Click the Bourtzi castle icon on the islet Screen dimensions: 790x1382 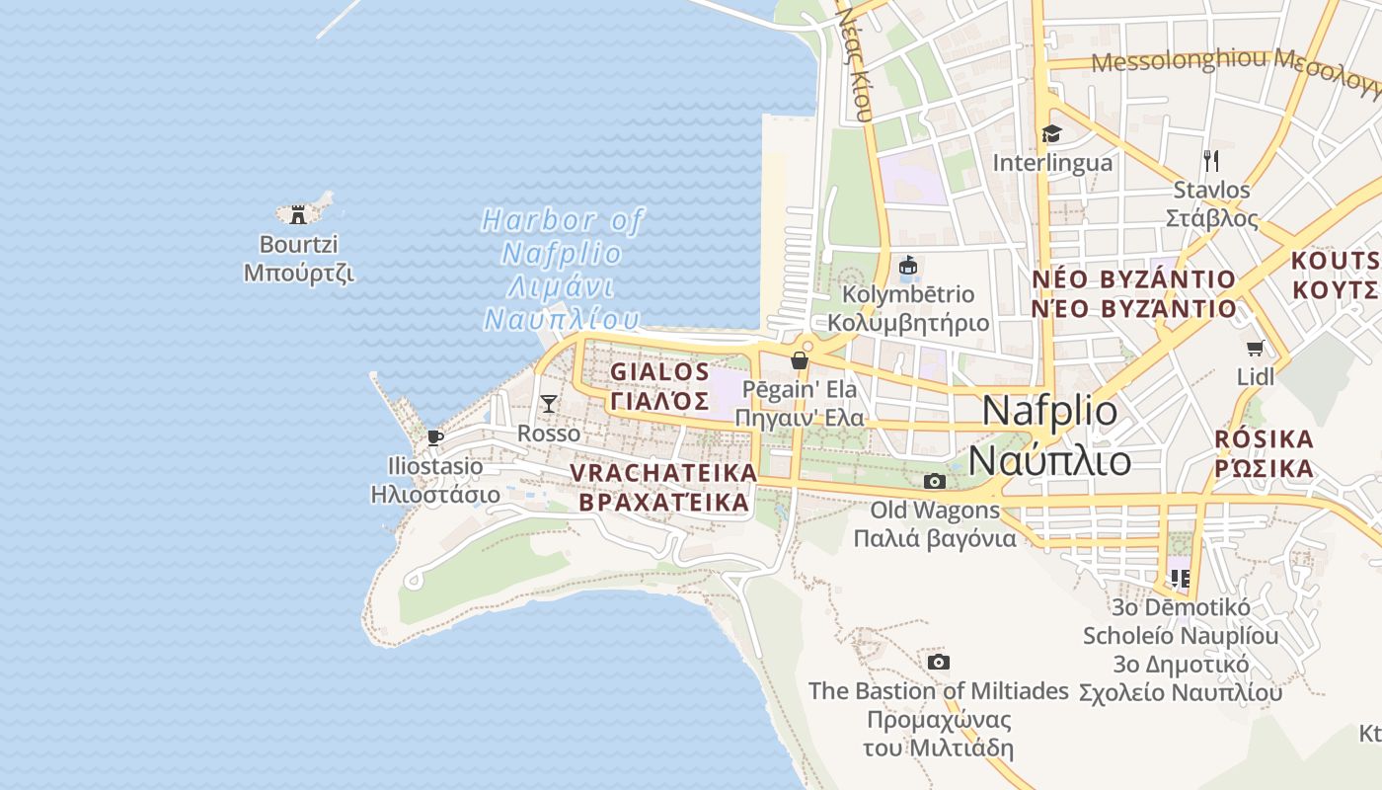(x=296, y=214)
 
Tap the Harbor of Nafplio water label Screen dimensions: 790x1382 (x=562, y=269)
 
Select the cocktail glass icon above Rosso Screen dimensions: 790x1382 (x=549, y=404)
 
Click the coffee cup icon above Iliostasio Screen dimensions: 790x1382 (x=434, y=437)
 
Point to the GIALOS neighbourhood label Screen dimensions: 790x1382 (x=660, y=386)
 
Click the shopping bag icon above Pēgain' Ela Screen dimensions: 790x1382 (x=800, y=360)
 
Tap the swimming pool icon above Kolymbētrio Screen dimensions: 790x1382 (x=908, y=267)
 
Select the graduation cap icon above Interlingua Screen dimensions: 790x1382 (x=1051, y=134)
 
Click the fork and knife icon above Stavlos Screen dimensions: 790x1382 (x=1211, y=160)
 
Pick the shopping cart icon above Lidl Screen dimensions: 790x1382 (x=1255, y=348)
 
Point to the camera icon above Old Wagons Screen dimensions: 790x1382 (x=934, y=482)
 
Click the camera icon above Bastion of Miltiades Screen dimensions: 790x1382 (x=939, y=662)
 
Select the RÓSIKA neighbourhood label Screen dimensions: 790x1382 (x=1265, y=452)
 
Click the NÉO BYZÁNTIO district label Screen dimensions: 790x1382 (x=1133, y=293)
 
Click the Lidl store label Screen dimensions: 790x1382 (x=1256, y=376)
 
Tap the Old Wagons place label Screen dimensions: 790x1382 (x=935, y=524)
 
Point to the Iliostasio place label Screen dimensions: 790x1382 (x=435, y=479)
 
